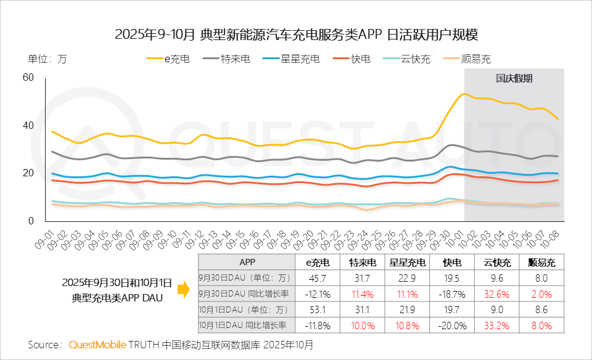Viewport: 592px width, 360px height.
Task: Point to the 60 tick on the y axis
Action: tap(27, 77)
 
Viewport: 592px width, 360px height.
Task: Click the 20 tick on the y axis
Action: tap(27, 173)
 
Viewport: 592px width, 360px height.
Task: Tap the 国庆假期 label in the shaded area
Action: tap(514, 78)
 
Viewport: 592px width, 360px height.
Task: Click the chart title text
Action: tap(296, 34)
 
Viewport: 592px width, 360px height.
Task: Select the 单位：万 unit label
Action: tap(47, 59)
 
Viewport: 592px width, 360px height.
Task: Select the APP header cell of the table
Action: tap(247, 262)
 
